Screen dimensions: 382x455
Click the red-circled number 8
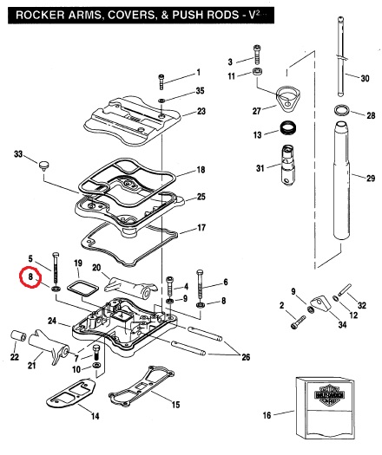[30, 276]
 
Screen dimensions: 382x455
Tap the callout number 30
[365, 78]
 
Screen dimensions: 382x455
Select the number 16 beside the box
[267, 415]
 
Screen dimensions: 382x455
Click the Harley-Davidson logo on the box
[329, 394]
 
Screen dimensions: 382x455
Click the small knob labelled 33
[44, 166]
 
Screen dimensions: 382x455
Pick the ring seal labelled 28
[341, 111]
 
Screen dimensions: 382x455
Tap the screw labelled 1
[161, 81]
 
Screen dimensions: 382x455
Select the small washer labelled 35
[161, 101]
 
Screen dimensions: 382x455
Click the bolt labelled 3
[257, 55]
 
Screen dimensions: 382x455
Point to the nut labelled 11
[257, 71]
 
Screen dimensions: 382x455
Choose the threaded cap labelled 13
[288, 127]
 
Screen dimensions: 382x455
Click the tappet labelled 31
[288, 164]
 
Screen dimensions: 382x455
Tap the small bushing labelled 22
[18, 336]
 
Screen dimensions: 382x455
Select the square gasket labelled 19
[82, 288]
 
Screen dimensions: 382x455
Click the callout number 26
[246, 357]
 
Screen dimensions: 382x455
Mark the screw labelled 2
[299, 322]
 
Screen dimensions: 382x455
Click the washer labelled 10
[96, 365]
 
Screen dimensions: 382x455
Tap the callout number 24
[52, 321]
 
